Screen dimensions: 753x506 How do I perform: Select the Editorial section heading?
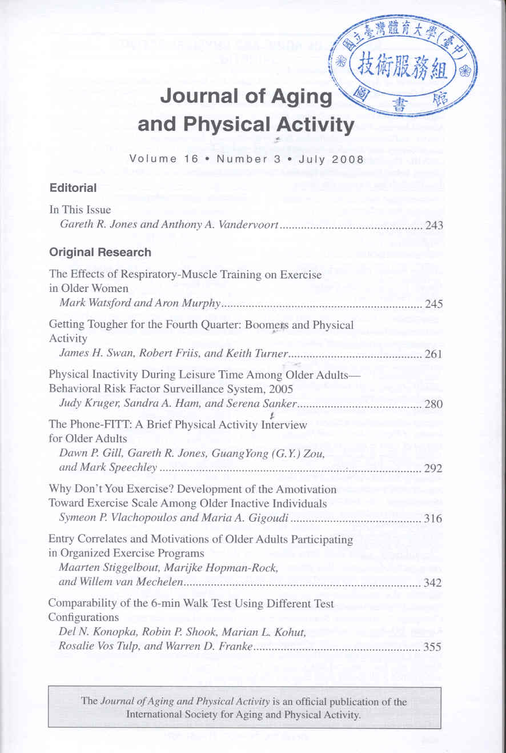click(x=73, y=187)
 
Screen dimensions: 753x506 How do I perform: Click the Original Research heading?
click(x=101, y=252)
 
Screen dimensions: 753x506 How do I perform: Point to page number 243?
click(x=435, y=226)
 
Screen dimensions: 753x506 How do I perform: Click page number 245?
click(x=435, y=303)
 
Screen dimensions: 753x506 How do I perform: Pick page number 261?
click(x=435, y=354)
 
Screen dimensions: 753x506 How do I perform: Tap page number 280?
click(x=435, y=405)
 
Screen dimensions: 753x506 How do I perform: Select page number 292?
click(x=435, y=470)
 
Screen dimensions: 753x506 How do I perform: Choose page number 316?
click(x=435, y=519)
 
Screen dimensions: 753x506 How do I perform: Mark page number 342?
click(x=435, y=583)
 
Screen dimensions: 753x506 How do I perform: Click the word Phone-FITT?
click(x=95, y=424)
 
